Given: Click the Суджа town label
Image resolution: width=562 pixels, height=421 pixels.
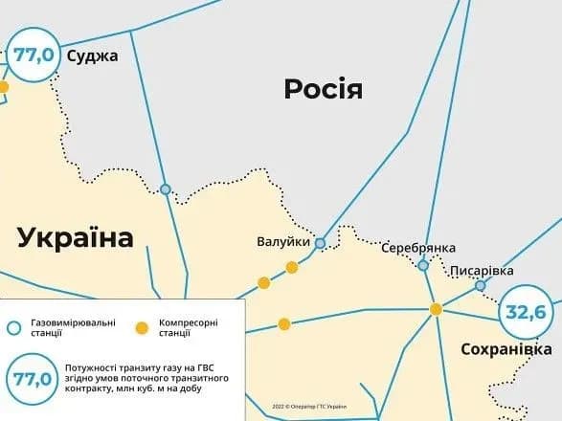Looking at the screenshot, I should [92, 55].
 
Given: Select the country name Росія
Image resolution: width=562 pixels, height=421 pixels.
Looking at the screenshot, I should [324, 90].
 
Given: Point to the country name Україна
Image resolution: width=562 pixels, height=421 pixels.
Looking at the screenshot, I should [75, 237].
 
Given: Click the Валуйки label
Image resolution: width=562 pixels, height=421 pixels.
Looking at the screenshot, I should [283, 242].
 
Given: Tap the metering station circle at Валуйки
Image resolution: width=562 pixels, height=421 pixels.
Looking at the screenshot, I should [320, 243].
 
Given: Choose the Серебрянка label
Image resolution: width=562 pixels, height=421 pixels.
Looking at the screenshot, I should [418, 248].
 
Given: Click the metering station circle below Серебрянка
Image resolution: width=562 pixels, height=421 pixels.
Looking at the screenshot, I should [423, 265].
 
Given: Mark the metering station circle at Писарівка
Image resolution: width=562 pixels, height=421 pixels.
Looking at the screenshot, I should [481, 285].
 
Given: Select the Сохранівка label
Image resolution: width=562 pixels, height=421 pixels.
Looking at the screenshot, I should [506, 349].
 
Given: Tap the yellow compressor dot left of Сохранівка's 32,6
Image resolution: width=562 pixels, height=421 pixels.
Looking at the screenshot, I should [436, 309].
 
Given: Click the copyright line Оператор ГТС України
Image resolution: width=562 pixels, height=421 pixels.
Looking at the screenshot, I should [308, 407].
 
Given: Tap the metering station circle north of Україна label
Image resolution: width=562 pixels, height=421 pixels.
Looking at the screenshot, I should [166, 189].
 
